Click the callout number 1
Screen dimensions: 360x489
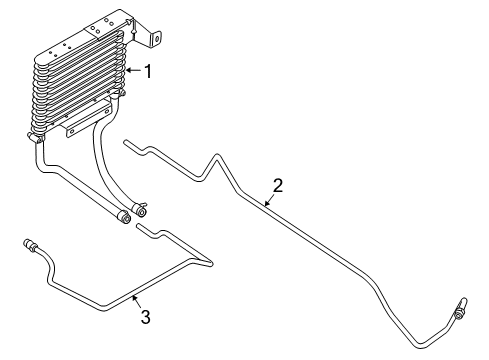coord(147,72)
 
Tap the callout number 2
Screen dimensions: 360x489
coord(278,185)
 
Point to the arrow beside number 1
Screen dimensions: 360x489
coord(133,71)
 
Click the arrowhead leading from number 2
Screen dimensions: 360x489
coord(265,203)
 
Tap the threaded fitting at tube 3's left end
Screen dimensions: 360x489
coord(28,243)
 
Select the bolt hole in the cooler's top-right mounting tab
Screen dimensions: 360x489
coord(156,39)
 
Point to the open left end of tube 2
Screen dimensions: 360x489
coord(126,144)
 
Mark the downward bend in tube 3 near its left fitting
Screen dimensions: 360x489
coord(47,262)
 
